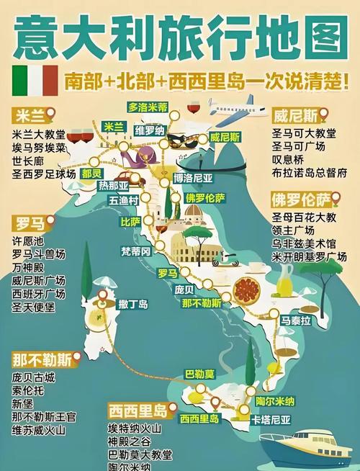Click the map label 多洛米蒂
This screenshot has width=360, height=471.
point(148,107)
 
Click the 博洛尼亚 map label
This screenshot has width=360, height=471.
point(193,177)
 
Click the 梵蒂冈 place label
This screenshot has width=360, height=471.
point(135,251)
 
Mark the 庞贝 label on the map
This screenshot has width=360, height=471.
point(184,289)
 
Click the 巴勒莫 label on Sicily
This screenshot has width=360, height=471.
point(200,374)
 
